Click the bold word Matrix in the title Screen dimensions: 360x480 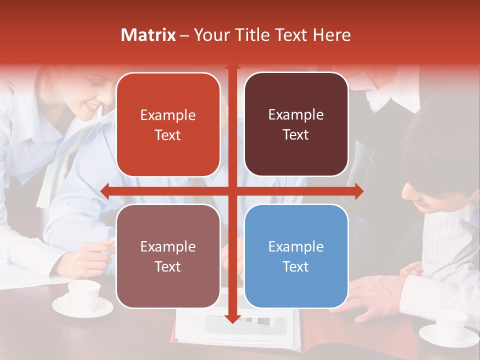(x=148, y=34)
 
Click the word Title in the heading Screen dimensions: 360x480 (x=254, y=34)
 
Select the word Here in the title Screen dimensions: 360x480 (x=331, y=34)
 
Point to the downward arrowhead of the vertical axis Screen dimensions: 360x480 (x=232, y=318)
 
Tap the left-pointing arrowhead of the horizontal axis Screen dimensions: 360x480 (x=105, y=191)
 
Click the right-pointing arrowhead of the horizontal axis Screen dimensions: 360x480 (x=358, y=191)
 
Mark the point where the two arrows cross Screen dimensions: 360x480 (x=232, y=191)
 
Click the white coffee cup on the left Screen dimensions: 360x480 (x=83, y=295)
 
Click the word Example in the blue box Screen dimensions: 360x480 (x=296, y=246)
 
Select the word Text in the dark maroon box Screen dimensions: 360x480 (x=296, y=134)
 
